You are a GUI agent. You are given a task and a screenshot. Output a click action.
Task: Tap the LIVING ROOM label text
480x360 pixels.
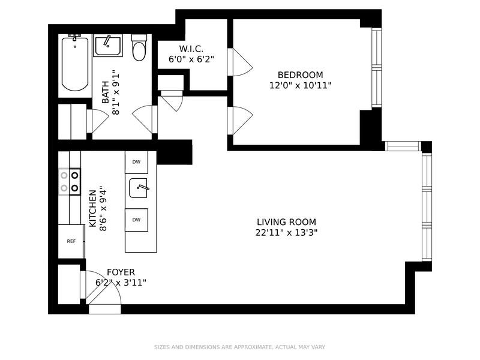click(286, 221)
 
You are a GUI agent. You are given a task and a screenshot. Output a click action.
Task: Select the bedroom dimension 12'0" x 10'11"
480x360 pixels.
click(300, 86)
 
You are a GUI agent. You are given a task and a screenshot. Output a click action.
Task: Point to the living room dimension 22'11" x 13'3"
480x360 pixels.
click(286, 233)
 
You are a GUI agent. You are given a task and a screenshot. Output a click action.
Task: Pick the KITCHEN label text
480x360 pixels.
click(92, 209)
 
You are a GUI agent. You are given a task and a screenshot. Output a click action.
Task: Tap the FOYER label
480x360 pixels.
click(121, 272)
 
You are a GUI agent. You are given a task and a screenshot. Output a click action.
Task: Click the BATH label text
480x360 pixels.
click(105, 94)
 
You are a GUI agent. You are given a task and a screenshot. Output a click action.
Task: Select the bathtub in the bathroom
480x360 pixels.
click(75, 64)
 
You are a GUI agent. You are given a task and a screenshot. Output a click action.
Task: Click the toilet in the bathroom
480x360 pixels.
click(139, 48)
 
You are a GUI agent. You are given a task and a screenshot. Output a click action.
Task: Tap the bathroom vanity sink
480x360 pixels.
click(108, 46)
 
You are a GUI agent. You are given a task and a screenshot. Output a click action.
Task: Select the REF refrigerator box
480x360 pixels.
click(71, 241)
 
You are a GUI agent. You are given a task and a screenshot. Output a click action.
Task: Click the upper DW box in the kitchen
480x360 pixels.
click(137, 162)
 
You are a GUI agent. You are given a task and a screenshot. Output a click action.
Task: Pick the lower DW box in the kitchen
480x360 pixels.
click(137, 220)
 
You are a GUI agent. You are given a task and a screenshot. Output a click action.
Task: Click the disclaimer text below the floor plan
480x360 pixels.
click(239, 347)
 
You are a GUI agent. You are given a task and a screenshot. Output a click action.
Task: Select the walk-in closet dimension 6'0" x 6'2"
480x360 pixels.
click(192, 59)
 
